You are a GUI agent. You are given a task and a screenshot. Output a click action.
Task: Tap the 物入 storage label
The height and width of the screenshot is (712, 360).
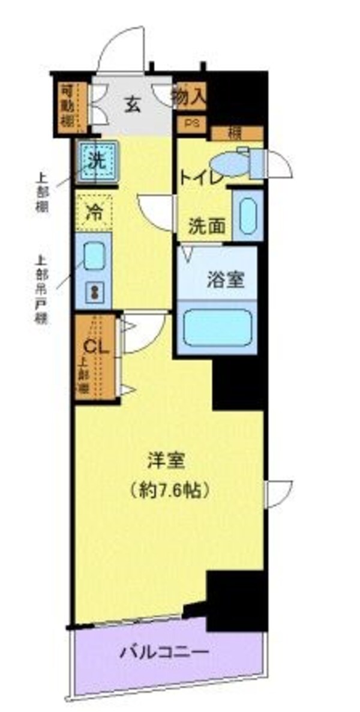(189, 97)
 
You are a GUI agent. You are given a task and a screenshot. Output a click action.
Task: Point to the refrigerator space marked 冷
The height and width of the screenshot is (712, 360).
(94, 212)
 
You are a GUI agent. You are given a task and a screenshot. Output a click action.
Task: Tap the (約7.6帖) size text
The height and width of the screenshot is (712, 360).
(170, 490)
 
